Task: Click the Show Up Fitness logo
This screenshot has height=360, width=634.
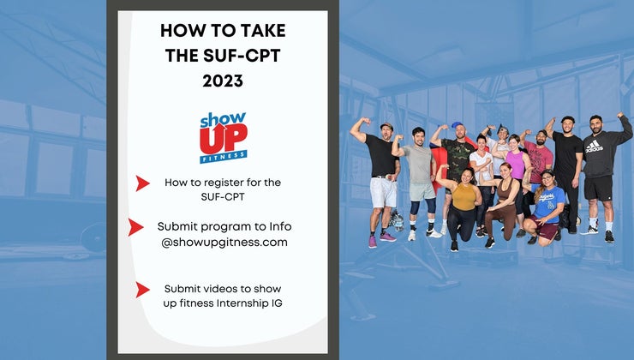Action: (223, 136)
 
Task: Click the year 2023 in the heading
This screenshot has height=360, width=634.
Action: (223, 82)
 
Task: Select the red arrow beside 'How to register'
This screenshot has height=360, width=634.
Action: (142, 183)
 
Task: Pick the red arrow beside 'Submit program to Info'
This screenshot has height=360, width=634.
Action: (135, 227)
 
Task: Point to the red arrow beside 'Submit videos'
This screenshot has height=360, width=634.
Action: (142, 290)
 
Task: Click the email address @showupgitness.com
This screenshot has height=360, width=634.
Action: (223, 243)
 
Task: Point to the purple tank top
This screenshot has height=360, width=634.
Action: (516, 164)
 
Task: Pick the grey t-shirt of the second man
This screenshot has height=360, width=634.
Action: (419, 163)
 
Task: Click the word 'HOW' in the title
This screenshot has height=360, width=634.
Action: (181, 31)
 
